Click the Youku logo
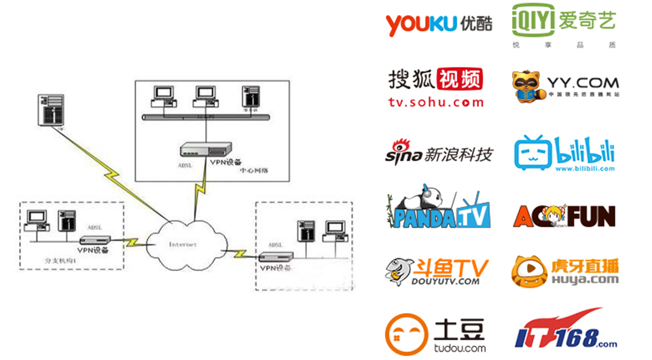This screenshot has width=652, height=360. tap(435, 24)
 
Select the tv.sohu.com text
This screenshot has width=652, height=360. tap(435, 103)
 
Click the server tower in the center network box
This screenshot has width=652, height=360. tap(251, 97)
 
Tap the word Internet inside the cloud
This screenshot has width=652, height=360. tap(183, 244)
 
